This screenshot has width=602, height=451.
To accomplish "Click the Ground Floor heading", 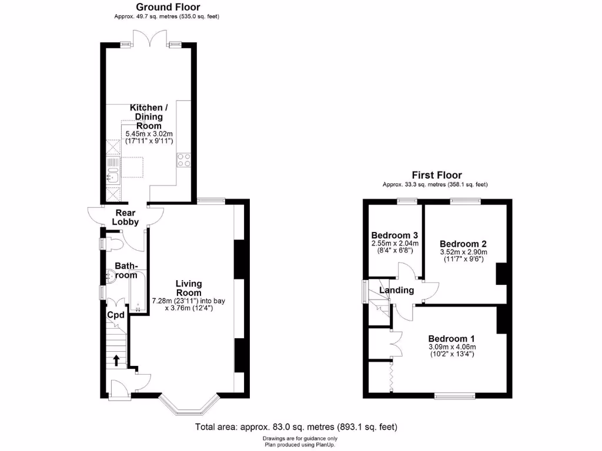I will click(x=168, y=7).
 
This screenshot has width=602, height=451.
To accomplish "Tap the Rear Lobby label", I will click(x=125, y=217).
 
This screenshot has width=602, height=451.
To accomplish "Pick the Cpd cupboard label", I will click(x=115, y=315).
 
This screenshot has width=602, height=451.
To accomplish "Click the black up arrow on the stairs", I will click(x=116, y=360).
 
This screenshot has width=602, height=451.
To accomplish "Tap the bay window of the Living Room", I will click(x=190, y=406).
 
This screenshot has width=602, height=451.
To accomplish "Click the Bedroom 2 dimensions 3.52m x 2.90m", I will click(x=464, y=253).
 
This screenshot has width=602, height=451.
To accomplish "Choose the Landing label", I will click(x=396, y=290).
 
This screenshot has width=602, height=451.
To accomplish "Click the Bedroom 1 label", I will click(x=451, y=339).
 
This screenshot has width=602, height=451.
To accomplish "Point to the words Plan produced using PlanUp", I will click(x=300, y=445).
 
